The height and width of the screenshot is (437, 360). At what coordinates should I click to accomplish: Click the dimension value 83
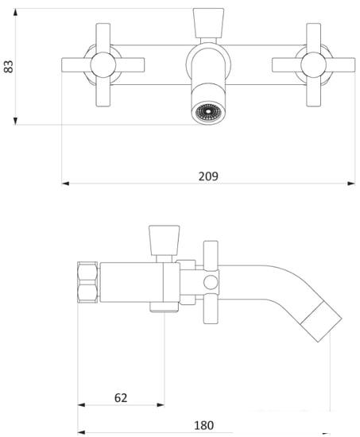[x=9, y=66]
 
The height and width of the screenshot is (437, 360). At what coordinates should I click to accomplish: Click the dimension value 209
[x=208, y=176]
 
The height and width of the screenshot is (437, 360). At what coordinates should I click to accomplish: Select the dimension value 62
[x=121, y=398]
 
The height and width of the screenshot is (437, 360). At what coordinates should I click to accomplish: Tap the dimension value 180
[x=204, y=425]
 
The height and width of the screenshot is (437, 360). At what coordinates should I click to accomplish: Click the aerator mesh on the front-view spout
[x=207, y=112]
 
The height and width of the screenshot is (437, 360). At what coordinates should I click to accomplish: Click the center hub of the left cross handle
[x=103, y=64]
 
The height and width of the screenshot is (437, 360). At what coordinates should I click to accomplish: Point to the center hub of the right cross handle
[x=313, y=64]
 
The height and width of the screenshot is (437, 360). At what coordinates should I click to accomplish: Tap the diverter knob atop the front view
[x=208, y=23]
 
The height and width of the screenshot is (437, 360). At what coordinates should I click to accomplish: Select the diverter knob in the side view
[x=164, y=240]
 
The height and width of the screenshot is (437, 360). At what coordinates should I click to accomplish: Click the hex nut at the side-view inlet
[x=87, y=282]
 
